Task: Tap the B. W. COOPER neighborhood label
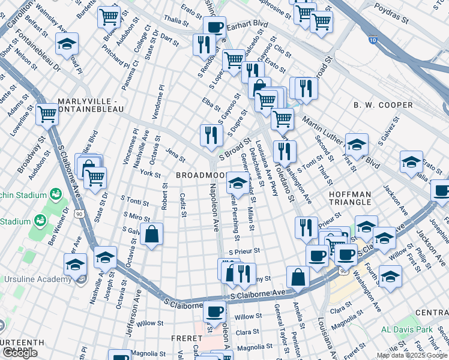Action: [x=383, y=105]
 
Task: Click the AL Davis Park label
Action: [x=406, y=329]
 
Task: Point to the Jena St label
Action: [x=175, y=155]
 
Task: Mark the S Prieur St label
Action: [x=244, y=251]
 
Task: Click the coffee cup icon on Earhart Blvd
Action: [x=214, y=27]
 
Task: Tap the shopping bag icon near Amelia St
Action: [x=298, y=277]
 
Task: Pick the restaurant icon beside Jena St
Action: [x=211, y=134]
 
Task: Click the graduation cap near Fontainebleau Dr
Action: [x=67, y=44]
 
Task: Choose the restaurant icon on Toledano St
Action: [x=284, y=151]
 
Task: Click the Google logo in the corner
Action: [x=20, y=353]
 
